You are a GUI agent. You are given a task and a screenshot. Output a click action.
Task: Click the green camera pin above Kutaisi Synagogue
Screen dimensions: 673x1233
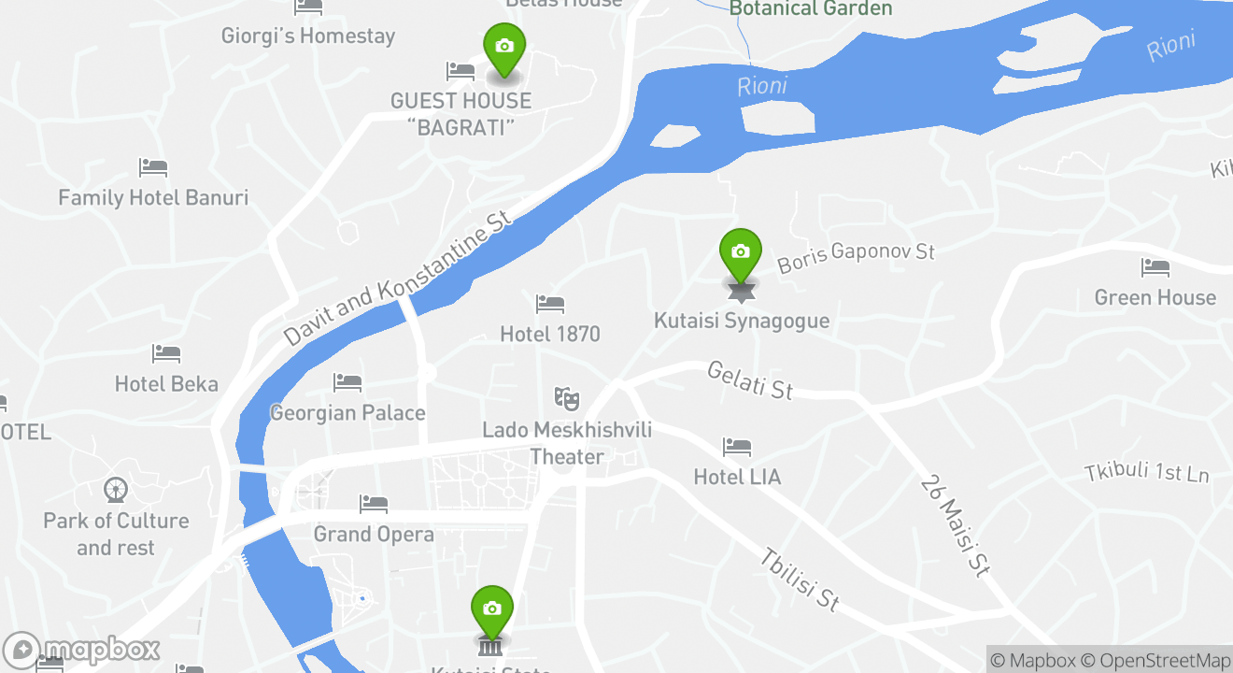pyautogui.click(x=741, y=252)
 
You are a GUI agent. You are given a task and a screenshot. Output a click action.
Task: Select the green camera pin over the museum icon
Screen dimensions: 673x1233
pyautogui.click(x=491, y=609)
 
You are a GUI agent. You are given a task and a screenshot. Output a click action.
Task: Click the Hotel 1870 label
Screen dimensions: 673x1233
pyautogui.click(x=550, y=334)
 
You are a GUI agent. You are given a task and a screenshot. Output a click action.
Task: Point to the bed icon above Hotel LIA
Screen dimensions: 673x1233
pyautogui.click(x=737, y=448)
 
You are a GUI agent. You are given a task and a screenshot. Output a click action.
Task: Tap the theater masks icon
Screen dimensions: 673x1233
pyautogui.click(x=566, y=399)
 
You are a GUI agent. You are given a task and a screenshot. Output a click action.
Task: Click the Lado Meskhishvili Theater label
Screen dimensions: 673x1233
pyautogui.click(x=567, y=443)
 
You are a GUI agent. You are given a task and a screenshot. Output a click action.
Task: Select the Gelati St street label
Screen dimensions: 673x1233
pyautogui.click(x=750, y=380)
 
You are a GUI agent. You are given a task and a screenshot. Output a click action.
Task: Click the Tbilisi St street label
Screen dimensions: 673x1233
pyautogui.click(x=799, y=580)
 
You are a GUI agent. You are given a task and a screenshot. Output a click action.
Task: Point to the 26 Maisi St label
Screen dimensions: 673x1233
pyautogui.click(x=955, y=525)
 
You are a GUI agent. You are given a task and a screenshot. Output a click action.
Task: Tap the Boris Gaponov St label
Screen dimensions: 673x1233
pyautogui.click(x=856, y=257)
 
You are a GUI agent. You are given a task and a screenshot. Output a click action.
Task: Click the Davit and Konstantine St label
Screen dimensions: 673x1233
pyautogui.click(x=400, y=278)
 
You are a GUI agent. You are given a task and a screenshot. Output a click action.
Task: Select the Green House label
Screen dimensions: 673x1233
pyautogui.click(x=1155, y=297)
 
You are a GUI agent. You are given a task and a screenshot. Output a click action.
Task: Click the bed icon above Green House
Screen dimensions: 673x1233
pyautogui.click(x=1155, y=268)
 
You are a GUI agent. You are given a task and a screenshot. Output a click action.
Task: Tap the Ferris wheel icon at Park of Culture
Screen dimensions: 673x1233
pyautogui.click(x=116, y=490)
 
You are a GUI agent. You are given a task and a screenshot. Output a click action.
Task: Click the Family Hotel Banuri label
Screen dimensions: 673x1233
pyautogui.click(x=153, y=197)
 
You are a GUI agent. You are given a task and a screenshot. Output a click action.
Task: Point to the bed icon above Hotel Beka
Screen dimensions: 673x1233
pyautogui.click(x=166, y=354)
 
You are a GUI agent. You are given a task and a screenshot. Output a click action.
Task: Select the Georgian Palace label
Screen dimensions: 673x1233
pyautogui.click(x=347, y=412)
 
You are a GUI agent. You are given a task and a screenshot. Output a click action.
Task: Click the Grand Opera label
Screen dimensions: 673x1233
pyautogui.click(x=374, y=534)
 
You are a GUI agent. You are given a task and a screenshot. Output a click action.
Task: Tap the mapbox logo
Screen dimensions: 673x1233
pyautogui.click(x=82, y=650)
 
